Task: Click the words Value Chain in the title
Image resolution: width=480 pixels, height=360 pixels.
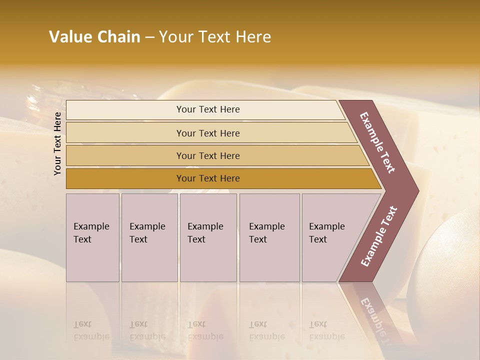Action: pos(94,37)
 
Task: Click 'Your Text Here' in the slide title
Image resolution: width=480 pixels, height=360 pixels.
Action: pos(215,37)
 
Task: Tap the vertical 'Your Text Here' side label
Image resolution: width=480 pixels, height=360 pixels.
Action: pos(57,143)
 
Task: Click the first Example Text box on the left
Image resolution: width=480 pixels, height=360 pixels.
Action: pos(92,237)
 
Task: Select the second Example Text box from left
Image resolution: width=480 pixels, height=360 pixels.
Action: pos(149,237)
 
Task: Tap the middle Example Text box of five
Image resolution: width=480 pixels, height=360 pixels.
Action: pos(208,237)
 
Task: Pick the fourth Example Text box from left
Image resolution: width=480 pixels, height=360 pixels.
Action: pos(269,237)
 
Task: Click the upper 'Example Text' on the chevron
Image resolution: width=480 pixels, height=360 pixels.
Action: pos(377,142)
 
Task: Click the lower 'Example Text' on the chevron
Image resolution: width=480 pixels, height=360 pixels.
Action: pos(378,236)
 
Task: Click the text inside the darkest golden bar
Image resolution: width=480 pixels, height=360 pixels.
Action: pos(208,178)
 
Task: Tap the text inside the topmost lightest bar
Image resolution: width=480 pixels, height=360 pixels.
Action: pos(208,109)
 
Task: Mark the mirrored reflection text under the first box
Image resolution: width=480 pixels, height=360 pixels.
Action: pos(91,330)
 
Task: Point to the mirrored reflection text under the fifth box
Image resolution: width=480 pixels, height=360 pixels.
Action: pos(326,330)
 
